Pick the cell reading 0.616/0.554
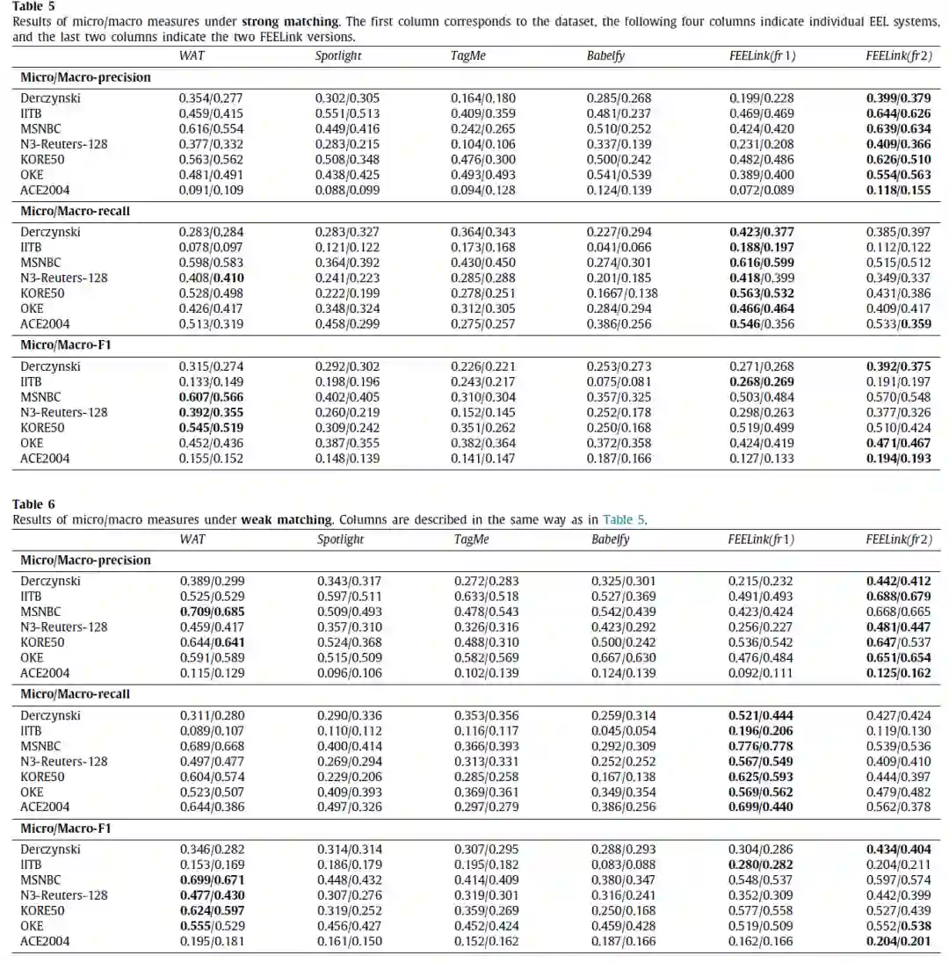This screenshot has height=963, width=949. pos(211,128)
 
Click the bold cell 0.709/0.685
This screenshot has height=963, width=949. pos(212,612)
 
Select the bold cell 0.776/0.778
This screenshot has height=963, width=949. pos(761,746)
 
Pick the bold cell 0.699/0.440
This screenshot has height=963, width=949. pos(761,807)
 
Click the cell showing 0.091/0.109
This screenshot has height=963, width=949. pos(211,190)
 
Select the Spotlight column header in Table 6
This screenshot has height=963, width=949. pos(340,539)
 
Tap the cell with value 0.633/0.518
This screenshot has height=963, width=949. pos(486,597)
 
